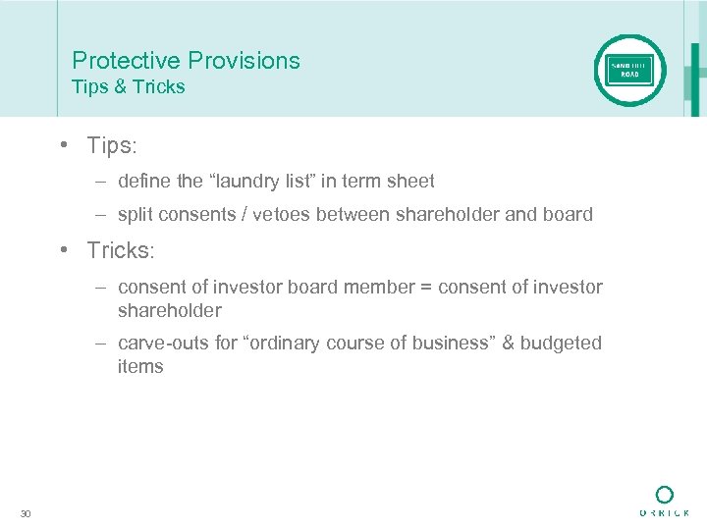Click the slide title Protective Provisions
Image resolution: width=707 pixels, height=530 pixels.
pos(186,61)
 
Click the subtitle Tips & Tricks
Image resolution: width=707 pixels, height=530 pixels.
pos(128,87)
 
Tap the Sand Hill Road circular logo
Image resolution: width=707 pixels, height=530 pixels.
pos(629,71)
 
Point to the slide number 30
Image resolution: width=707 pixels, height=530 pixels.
pos(26,513)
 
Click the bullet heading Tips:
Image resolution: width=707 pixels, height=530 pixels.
pos(112,146)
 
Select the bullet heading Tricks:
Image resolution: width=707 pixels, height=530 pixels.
pos(121,250)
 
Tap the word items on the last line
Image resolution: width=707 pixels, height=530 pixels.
pos(140,367)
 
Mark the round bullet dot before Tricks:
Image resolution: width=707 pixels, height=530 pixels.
pos(62,250)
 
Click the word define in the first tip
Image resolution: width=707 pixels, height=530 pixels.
pos(142,181)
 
